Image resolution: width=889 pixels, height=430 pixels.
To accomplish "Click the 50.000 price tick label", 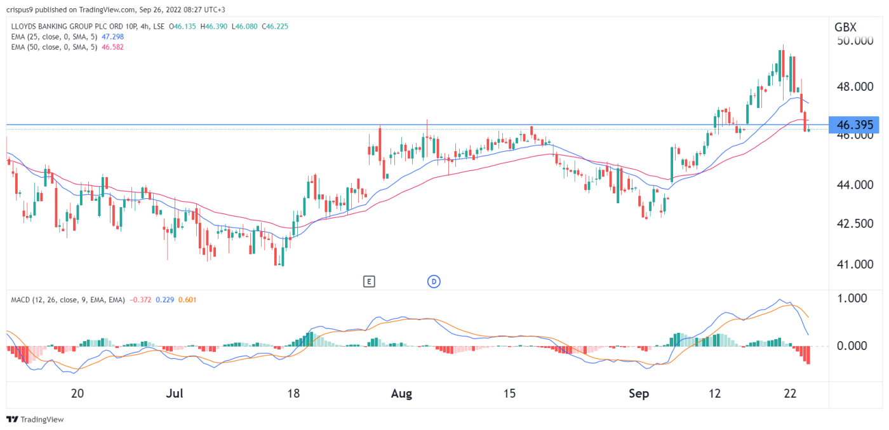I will point(854,41).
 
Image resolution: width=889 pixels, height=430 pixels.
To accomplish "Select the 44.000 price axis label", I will point(854,185).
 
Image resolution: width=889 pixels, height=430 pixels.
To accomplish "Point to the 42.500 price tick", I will point(854,224).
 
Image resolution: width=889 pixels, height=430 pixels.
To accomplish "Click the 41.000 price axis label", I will point(854,264).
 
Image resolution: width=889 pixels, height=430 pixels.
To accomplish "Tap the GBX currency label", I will point(845,27).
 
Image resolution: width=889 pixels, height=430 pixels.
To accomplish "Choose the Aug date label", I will point(401,394).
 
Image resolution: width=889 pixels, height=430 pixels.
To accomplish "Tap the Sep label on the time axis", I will point(639,394).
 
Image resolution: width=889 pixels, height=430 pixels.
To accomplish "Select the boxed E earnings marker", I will point(368,281).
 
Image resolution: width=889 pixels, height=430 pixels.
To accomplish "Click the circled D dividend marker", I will point(434,281).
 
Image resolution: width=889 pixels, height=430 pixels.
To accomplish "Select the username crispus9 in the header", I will point(23,10).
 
